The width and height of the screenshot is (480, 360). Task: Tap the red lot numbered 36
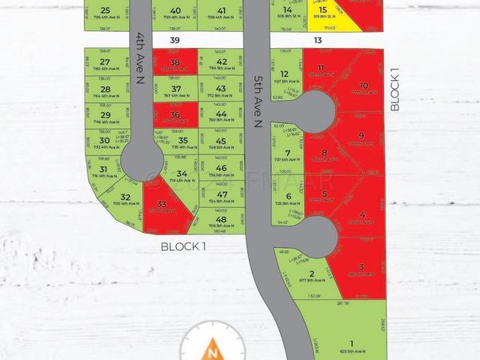tap(175, 117)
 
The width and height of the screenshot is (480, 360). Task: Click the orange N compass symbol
tap(212, 349)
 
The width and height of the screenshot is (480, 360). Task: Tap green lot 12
tap(285, 76)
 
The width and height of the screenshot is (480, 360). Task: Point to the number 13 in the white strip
tap(318, 40)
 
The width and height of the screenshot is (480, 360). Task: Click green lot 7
tap(288, 155)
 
